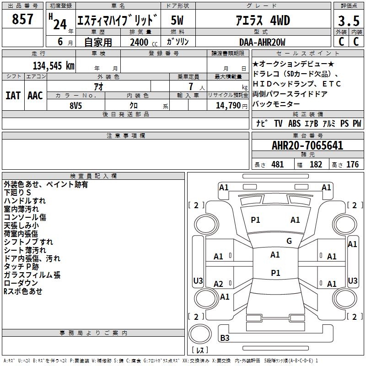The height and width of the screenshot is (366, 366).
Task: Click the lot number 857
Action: (x=22, y=19)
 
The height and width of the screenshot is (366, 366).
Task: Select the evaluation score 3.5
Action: (x=348, y=21)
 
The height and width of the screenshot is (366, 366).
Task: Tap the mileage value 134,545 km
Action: (x=54, y=65)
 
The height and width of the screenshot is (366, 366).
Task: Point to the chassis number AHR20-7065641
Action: (x=307, y=146)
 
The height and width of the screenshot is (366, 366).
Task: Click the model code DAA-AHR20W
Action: (x=262, y=42)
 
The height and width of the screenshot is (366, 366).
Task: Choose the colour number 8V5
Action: (x=76, y=105)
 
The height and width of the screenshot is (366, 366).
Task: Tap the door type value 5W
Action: (x=178, y=21)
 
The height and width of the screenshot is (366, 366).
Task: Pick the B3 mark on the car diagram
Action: (x=225, y=338)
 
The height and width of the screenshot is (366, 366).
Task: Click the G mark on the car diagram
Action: (x=289, y=241)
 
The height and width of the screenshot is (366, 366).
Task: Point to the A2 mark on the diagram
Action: (x=219, y=284)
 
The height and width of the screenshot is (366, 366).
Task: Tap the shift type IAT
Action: (x=12, y=95)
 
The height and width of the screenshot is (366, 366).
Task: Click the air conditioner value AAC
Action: (x=35, y=95)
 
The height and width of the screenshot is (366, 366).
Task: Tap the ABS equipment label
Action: (x=294, y=124)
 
